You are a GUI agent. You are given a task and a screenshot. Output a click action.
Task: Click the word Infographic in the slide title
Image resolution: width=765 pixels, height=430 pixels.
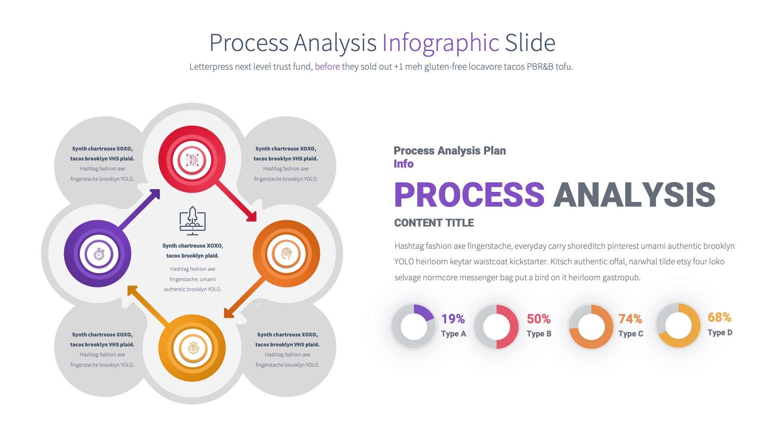click(440, 43)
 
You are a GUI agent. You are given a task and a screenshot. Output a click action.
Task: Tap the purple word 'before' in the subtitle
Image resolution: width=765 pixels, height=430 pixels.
click(327, 66)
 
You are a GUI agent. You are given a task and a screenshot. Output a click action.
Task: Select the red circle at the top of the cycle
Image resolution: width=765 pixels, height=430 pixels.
click(192, 160)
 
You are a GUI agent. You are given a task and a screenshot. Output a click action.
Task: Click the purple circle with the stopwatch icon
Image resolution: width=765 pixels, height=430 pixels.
click(98, 254)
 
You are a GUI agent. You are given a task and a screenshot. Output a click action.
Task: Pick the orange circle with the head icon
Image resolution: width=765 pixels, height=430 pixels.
click(286, 254)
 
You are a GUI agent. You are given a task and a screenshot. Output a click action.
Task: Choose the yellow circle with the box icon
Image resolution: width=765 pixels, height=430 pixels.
click(192, 348)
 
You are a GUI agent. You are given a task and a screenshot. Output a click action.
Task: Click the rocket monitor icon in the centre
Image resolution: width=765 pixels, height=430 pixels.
click(192, 221)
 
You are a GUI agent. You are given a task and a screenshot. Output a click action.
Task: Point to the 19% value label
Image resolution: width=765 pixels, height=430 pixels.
click(453, 319)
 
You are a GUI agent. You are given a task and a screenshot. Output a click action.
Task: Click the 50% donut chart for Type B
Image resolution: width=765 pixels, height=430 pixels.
click(496, 327)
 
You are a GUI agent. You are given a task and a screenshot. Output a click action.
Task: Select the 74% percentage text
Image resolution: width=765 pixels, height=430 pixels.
click(630, 319)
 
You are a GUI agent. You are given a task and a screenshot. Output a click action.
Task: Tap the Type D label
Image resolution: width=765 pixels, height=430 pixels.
click(720, 332)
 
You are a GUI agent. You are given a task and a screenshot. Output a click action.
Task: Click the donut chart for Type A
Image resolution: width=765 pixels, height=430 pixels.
click(414, 327)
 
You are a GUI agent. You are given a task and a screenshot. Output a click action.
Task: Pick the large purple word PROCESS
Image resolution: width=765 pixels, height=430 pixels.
click(469, 195)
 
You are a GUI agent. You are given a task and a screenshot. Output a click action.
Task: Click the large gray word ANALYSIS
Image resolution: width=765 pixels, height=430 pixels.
click(634, 195)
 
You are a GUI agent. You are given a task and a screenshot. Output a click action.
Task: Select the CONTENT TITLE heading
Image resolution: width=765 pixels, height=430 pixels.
click(434, 223)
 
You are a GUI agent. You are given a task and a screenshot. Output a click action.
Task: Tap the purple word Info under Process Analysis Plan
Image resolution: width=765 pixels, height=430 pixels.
click(403, 164)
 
